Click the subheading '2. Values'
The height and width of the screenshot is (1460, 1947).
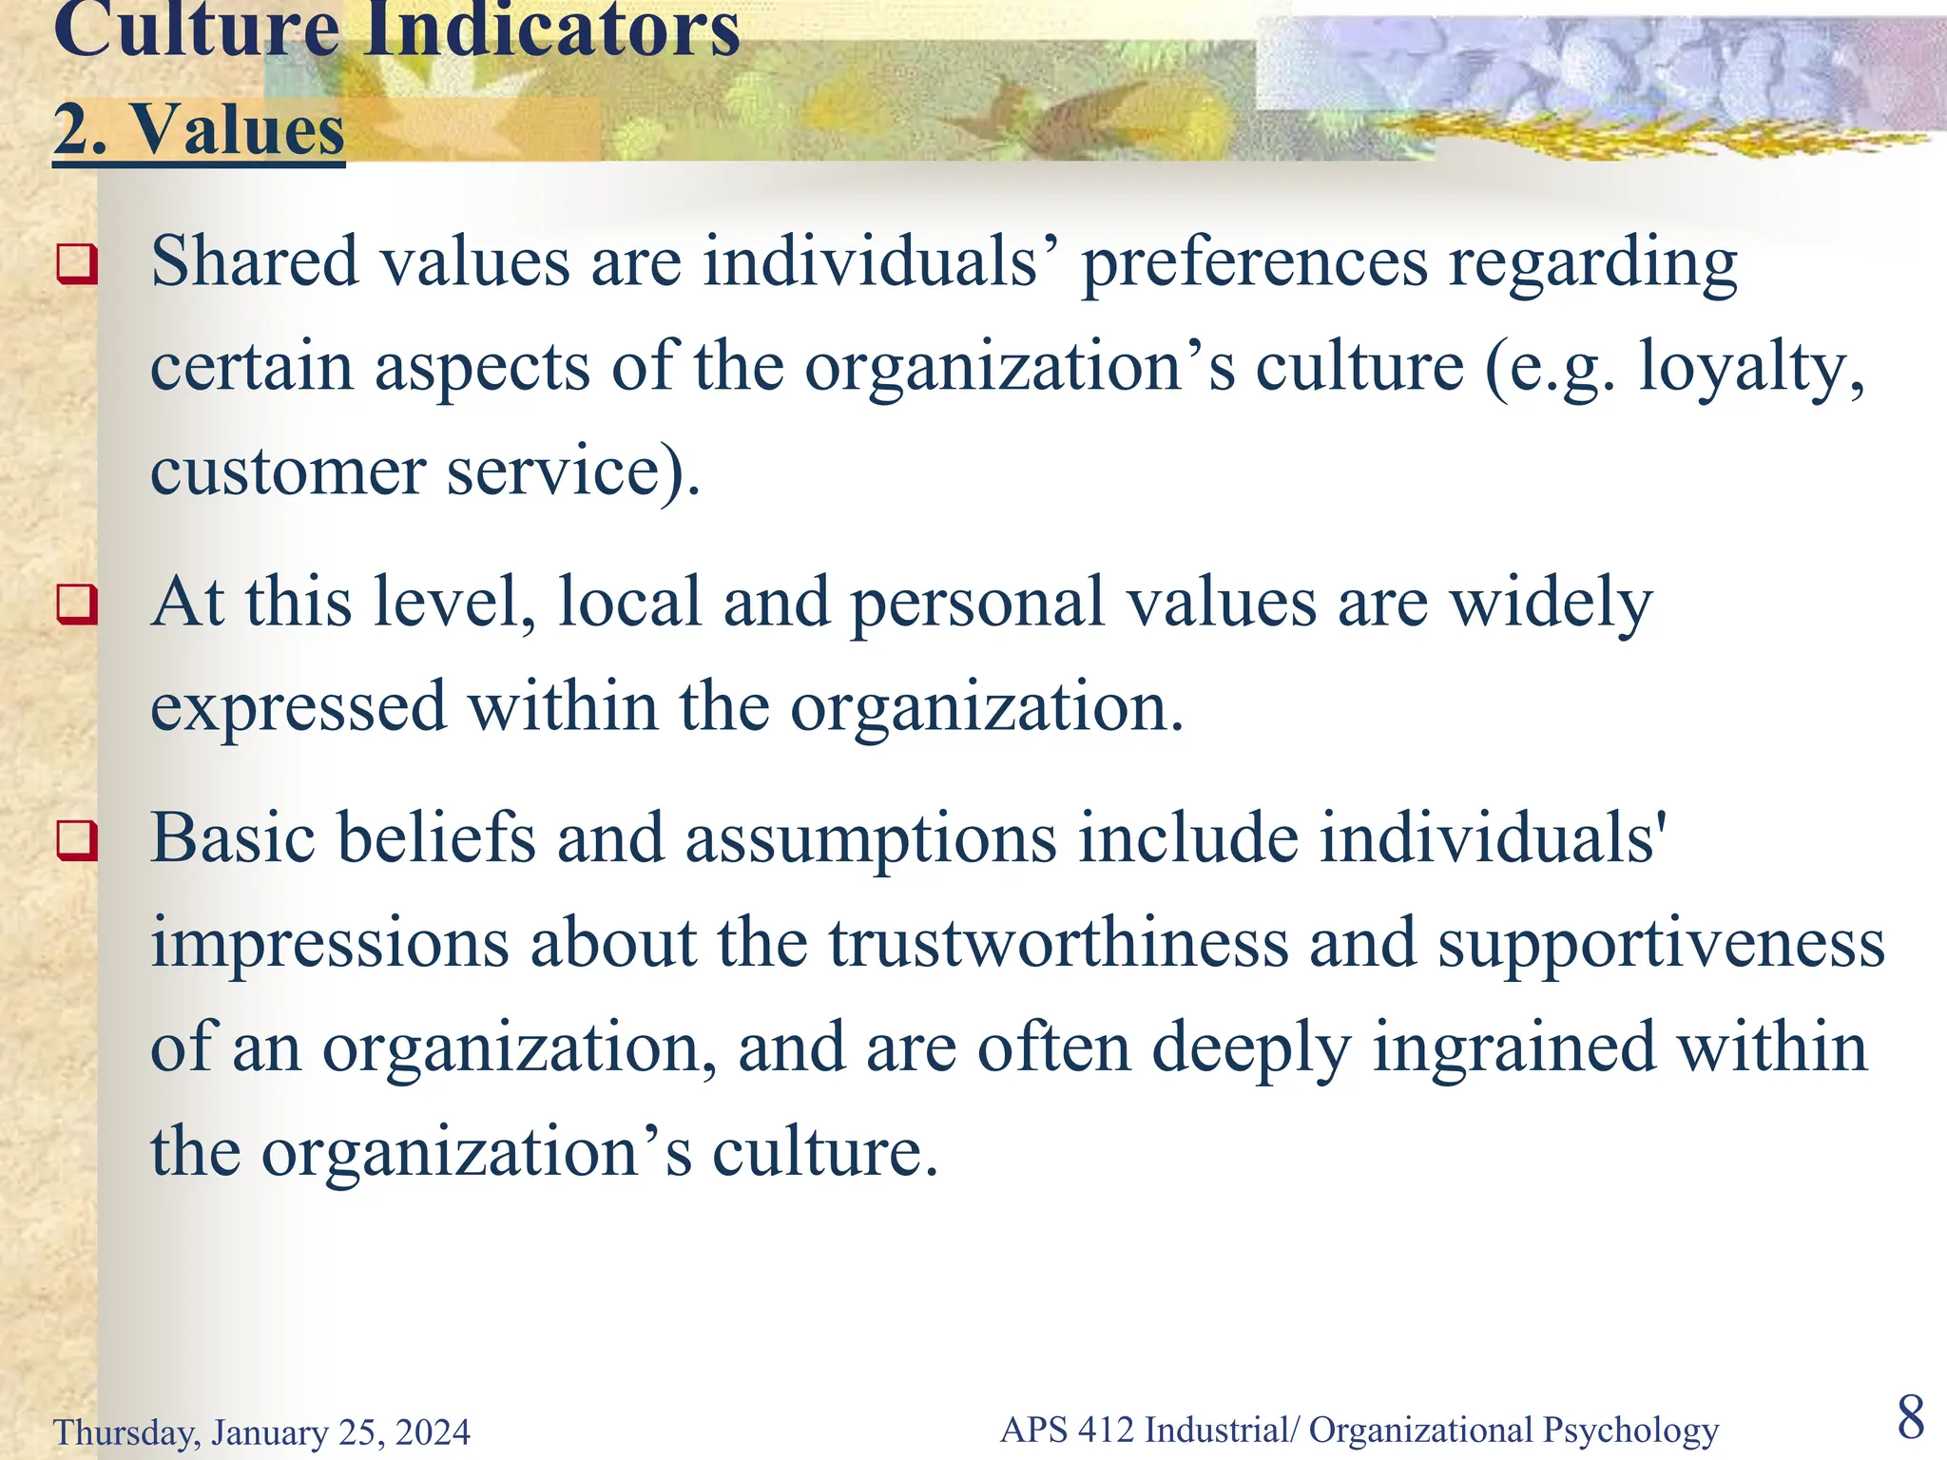(x=199, y=130)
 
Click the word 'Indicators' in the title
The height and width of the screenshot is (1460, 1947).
(x=551, y=30)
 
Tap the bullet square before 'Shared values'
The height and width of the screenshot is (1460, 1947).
(x=77, y=263)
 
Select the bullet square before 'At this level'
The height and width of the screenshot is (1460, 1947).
(x=77, y=604)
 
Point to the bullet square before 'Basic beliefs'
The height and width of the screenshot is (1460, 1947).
(x=77, y=839)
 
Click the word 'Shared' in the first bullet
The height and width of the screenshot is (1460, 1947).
(x=254, y=261)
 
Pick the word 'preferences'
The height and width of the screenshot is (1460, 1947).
(x=1254, y=263)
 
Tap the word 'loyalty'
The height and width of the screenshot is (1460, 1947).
(x=1749, y=368)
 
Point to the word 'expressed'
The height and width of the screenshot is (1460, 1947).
(x=299, y=708)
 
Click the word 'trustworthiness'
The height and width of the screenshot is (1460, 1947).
(x=1058, y=943)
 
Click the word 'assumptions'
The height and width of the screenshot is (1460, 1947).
(x=871, y=840)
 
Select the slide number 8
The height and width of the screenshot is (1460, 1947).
(x=1911, y=1417)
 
